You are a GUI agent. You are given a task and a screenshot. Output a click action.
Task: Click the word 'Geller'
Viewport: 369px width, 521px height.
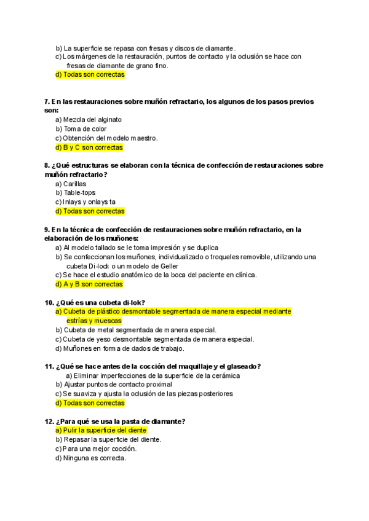click(168, 266)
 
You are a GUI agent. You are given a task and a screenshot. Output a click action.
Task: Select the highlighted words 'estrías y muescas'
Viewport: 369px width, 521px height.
click(94, 321)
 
